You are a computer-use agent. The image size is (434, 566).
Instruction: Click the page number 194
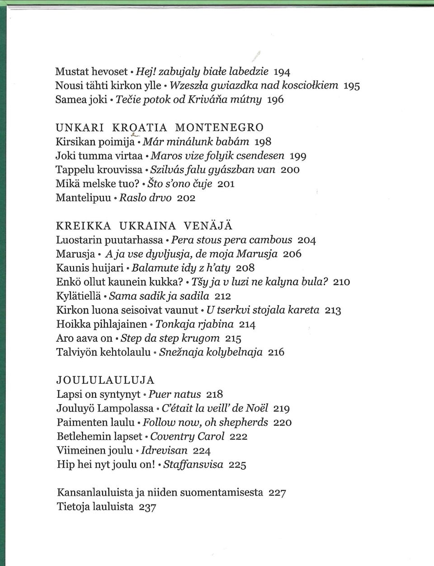(x=282, y=71)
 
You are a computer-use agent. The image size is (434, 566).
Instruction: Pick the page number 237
(x=147, y=507)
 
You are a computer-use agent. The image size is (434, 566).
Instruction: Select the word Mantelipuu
(x=84, y=198)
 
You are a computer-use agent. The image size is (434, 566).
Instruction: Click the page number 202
(x=186, y=198)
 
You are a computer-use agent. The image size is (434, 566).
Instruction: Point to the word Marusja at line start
(x=75, y=254)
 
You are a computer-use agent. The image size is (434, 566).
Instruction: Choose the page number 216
(x=276, y=352)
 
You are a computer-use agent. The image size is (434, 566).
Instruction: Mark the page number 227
(x=277, y=493)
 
